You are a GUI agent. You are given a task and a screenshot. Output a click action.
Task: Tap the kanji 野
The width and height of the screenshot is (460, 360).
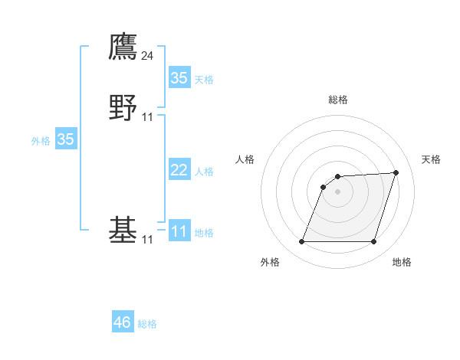pos(123,106)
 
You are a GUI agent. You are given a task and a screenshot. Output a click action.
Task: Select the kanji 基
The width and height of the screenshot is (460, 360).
pos(123,229)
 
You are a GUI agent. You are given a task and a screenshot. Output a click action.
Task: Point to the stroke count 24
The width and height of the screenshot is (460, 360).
pos(147,55)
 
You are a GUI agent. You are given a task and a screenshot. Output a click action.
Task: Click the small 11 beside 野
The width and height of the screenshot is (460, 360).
pos(147,116)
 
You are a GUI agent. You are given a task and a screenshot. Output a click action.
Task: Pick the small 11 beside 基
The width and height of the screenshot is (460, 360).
pos(147,240)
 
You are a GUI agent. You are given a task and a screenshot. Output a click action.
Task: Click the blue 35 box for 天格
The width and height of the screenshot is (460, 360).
pos(179,78)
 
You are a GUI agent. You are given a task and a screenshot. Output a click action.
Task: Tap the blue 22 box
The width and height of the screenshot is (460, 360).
pos(179,170)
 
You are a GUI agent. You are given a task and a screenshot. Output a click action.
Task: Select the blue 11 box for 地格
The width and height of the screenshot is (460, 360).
pos(179,231)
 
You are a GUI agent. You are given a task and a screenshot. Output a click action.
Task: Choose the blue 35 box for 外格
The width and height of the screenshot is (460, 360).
pos(66,139)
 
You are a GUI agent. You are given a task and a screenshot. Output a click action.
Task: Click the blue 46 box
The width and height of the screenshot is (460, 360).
pos(123,322)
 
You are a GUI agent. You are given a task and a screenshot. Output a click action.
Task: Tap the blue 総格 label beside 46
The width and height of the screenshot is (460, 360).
pos(147,324)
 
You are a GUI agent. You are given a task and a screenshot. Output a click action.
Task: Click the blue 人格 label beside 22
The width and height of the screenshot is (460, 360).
pos(204,172)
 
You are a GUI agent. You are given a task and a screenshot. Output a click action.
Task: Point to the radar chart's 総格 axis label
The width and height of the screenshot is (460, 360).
pos(338,100)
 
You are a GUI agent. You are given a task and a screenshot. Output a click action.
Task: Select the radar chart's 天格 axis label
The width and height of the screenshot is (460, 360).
pos(432,159)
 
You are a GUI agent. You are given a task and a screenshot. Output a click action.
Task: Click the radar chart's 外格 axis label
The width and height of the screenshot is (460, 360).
pos(270,263)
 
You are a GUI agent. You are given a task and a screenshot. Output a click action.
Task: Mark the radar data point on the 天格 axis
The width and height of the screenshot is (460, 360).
pos(396,172)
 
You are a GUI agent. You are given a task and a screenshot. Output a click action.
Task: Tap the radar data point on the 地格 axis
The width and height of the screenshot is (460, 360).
pos(374,242)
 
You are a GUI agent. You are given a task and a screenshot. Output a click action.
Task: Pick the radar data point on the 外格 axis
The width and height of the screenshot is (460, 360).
pos(302,242)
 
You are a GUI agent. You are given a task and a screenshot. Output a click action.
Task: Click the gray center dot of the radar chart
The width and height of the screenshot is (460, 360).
pos(338,191)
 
